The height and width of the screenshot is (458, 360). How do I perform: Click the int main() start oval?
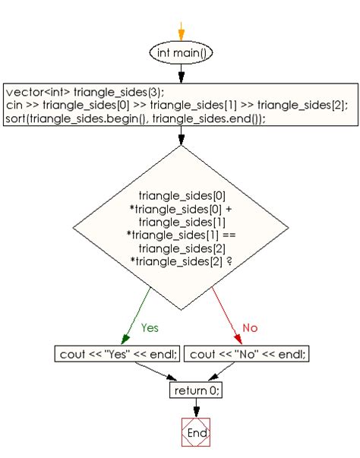point(182,53)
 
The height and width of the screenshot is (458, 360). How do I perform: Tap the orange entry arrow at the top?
point(182,32)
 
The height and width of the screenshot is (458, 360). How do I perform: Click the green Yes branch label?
point(150,327)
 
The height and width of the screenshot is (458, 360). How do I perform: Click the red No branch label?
point(250,327)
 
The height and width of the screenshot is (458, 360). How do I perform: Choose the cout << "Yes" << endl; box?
point(118,354)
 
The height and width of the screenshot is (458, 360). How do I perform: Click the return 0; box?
point(196,390)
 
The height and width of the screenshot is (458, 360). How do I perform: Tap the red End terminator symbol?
point(196,432)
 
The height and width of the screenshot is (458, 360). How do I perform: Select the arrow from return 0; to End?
point(196,408)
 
